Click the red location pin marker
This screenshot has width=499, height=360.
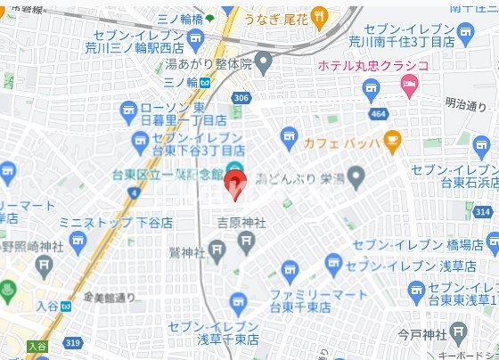234,185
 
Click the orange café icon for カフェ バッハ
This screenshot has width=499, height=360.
391,142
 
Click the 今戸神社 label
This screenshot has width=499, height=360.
421,335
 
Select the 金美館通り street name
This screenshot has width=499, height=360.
109,297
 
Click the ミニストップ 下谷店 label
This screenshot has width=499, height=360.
115,222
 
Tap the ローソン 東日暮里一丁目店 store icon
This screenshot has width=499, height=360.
128,110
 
